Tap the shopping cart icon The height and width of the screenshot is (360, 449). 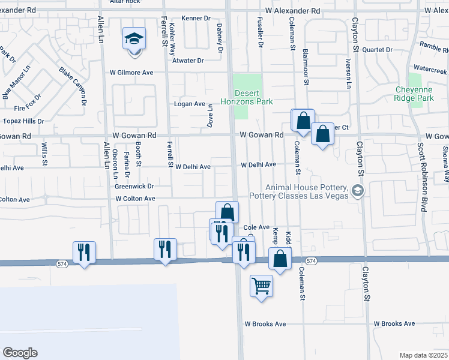click(x=261, y=286)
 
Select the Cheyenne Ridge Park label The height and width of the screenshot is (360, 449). click(x=414, y=94)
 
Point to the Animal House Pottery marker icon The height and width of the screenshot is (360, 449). click(x=358, y=191)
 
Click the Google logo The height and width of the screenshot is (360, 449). click(x=20, y=353)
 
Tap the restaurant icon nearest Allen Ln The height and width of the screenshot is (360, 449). click(x=83, y=252)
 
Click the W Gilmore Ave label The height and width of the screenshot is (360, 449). click(x=131, y=73)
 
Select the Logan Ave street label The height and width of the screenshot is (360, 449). click(x=190, y=104)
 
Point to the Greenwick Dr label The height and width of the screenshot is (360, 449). click(x=135, y=187)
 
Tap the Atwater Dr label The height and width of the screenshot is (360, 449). click(x=188, y=61)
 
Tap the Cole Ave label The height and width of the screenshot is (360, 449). click(x=256, y=228)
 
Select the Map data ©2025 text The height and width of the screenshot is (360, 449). click(x=423, y=355)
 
